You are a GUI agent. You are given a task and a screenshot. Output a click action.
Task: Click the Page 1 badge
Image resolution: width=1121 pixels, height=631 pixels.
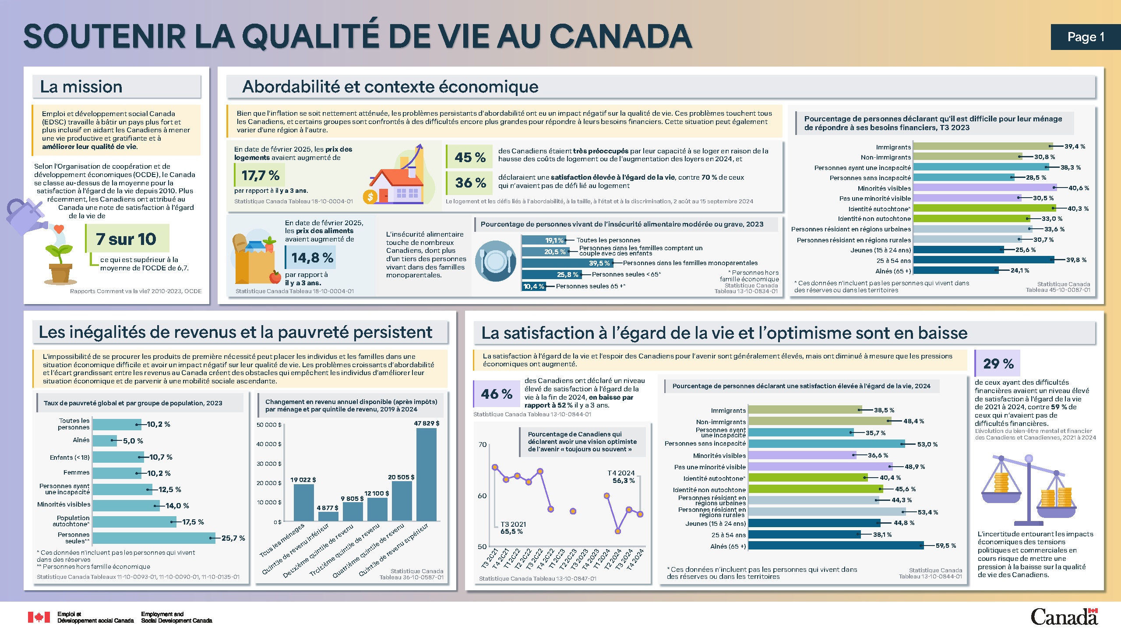[x=1085, y=37]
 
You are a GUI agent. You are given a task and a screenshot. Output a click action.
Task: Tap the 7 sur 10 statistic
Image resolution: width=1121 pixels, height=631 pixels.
[x=127, y=239]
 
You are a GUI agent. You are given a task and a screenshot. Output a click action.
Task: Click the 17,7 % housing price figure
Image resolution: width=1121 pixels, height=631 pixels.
[x=260, y=175]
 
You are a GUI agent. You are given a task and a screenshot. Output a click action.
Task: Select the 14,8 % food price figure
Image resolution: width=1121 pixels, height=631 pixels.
[x=312, y=258]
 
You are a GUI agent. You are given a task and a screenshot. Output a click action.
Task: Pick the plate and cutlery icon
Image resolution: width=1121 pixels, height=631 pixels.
[x=495, y=262]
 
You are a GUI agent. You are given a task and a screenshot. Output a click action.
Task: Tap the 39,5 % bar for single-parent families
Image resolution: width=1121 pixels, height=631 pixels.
[x=567, y=263]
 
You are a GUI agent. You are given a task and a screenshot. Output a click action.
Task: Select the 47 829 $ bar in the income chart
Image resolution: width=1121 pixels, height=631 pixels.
[x=426, y=474]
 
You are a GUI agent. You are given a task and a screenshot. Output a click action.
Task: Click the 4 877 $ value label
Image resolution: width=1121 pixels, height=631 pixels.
[x=327, y=508]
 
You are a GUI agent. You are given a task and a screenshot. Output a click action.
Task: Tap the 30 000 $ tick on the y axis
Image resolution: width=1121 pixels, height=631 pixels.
[x=269, y=464]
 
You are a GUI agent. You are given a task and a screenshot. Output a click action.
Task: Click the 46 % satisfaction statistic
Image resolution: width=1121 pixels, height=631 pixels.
[x=497, y=394]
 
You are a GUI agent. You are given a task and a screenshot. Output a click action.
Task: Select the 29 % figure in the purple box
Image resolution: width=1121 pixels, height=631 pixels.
[x=998, y=363]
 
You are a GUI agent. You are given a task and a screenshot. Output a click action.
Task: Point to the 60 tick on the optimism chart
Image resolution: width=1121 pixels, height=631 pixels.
[x=482, y=496]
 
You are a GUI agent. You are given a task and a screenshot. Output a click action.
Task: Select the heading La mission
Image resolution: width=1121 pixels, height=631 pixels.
[x=81, y=87]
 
